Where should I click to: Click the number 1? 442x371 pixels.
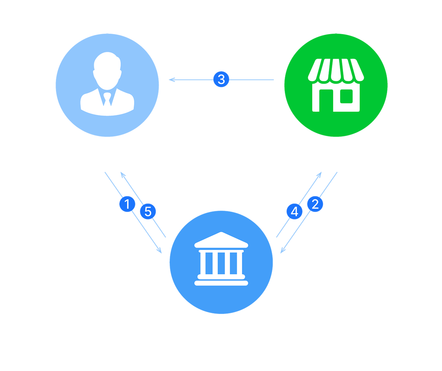click(x=127, y=204)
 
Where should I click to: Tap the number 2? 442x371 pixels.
click(x=315, y=204)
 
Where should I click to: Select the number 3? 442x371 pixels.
click(x=221, y=79)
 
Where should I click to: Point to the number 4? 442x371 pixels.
click(x=295, y=211)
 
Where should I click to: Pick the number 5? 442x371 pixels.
click(x=148, y=211)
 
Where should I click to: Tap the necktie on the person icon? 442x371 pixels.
click(x=107, y=99)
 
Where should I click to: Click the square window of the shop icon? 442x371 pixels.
click(x=347, y=96)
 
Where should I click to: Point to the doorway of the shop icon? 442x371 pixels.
click(x=326, y=101)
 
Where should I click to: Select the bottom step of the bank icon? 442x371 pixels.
click(x=221, y=283)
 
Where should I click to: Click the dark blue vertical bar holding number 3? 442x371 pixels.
click(x=221, y=109)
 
